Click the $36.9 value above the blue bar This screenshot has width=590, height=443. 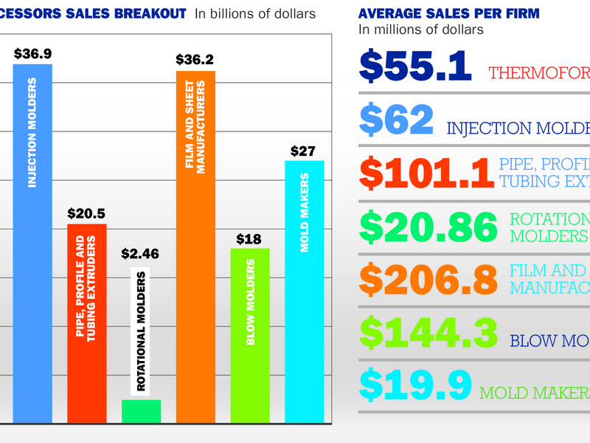tap(32, 54)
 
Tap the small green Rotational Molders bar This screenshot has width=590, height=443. tap(141, 411)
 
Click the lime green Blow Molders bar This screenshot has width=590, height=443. tap(250, 335)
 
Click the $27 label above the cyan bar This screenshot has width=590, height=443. tap(304, 151)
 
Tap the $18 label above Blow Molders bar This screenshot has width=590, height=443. tap(249, 238)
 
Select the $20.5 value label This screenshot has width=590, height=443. tap(87, 213)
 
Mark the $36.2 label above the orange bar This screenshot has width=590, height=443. tap(195, 60)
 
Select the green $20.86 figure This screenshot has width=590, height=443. tap(429, 227)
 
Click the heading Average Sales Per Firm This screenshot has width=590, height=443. tap(448, 13)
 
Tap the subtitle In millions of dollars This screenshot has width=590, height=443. tap(421, 30)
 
